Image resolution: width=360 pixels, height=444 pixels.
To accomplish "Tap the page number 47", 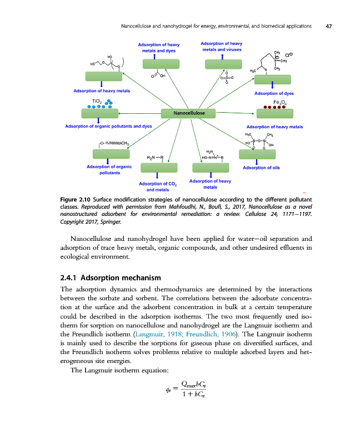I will point(329,26).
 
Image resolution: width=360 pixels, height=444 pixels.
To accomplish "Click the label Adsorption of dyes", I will point(274,93).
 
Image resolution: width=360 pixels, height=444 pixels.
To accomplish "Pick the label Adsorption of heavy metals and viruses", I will point(221,46).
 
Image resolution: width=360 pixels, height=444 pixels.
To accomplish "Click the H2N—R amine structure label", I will point(154,158).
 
